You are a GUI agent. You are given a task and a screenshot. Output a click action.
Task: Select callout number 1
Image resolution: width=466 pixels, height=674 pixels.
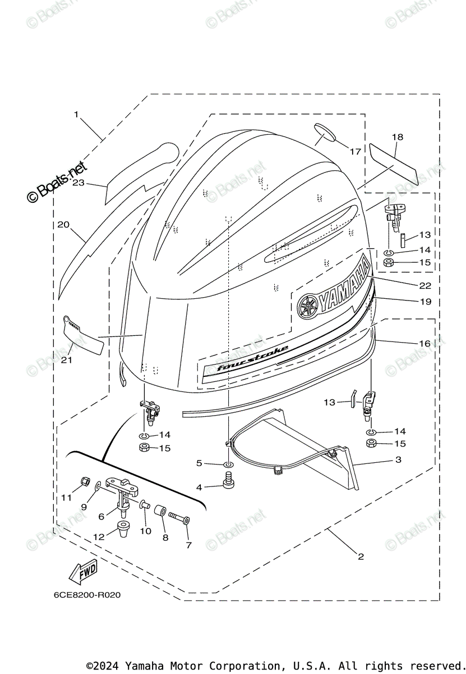[x=76, y=115]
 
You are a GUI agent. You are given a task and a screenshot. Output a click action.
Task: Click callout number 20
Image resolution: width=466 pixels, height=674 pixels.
[x=63, y=225]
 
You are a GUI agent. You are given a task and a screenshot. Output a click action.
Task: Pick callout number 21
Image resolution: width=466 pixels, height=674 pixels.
[x=67, y=360]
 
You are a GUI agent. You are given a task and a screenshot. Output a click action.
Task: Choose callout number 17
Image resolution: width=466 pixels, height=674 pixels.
[x=355, y=151]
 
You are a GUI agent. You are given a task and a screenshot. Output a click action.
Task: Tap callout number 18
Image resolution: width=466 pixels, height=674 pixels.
[x=397, y=137]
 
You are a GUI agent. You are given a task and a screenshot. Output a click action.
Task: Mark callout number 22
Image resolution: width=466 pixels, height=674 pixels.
[x=425, y=285]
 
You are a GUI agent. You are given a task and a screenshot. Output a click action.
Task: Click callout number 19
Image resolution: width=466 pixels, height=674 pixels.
[x=425, y=302]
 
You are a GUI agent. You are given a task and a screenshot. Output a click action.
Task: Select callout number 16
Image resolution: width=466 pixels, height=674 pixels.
[x=425, y=343]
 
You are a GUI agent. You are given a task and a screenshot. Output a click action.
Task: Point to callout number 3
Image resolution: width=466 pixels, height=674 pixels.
[x=398, y=460]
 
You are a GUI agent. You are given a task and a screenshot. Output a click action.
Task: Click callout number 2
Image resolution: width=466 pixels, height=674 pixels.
[x=361, y=557]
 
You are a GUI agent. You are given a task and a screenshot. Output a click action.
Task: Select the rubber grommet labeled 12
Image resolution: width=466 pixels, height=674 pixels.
[x=122, y=527]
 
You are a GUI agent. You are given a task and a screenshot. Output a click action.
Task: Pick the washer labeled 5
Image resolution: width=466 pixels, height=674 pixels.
[x=229, y=464]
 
